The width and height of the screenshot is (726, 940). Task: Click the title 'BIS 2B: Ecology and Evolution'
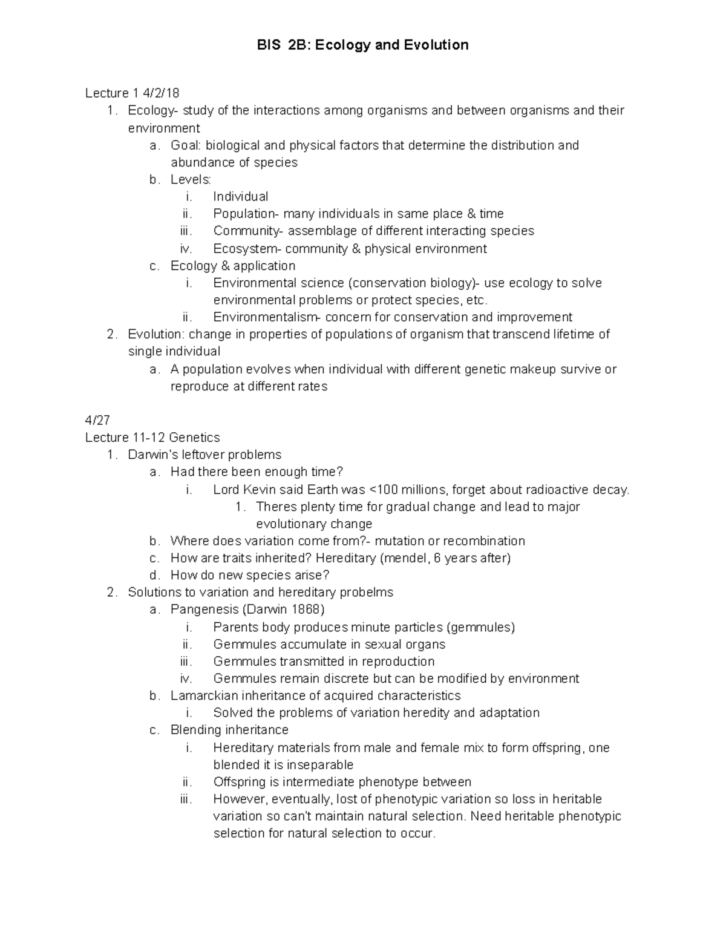pyautogui.click(x=362, y=45)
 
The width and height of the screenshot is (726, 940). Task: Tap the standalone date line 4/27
pyautogui.click(x=98, y=420)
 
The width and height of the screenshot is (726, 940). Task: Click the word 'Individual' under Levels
pyautogui.click(x=240, y=197)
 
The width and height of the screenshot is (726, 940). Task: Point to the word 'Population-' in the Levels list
pyautogui.click(x=246, y=214)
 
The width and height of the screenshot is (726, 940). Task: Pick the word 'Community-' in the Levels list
pyautogui.click(x=248, y=231)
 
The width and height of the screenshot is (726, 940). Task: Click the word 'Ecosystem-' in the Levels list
pyautogui.click(x=247, y=249)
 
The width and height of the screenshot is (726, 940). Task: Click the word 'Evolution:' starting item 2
pyautogui.click(x=156, y=335)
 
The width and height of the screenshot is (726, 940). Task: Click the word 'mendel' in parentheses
pyautogui.click(x=405, y=558)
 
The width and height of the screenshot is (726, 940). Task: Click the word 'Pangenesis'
pyautogui.click(x=204, y=610)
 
